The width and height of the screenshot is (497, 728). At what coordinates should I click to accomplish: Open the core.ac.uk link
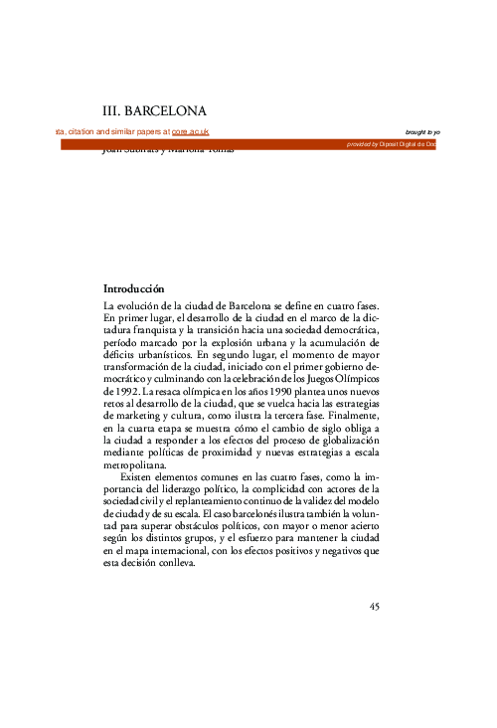tap(190, 132)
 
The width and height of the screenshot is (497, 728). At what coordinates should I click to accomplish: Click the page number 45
tap(375, 607)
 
